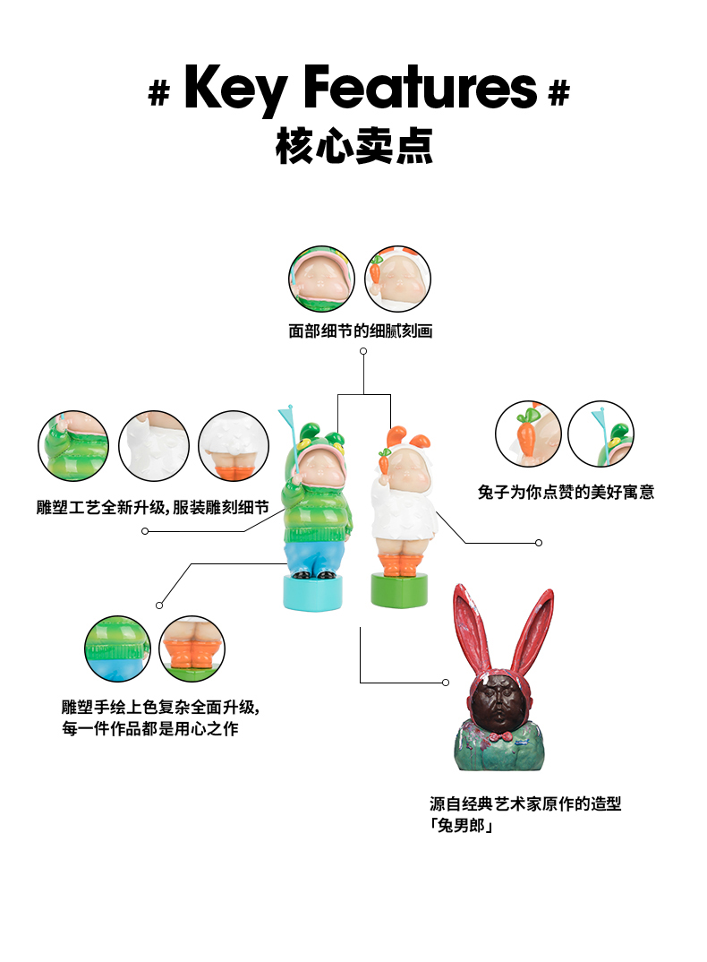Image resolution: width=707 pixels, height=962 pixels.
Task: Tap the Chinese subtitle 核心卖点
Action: (354, 146)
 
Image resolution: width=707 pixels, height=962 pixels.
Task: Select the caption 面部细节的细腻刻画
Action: (360, 331)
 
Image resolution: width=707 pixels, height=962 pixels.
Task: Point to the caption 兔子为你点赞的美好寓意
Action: (566, 492)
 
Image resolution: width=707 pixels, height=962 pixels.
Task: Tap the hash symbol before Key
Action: (158, 93)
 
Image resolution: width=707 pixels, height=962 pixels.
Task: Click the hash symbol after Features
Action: (558, 93)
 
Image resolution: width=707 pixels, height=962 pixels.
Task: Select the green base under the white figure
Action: (397, 588)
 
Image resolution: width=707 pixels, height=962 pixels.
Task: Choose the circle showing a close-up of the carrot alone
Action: (528, 434)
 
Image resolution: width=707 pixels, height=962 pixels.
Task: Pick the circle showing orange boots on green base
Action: (192, 648)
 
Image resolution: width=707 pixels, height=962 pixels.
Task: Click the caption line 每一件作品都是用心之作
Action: (150, 729)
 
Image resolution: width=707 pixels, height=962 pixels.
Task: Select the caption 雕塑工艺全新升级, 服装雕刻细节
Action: (152, 507)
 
